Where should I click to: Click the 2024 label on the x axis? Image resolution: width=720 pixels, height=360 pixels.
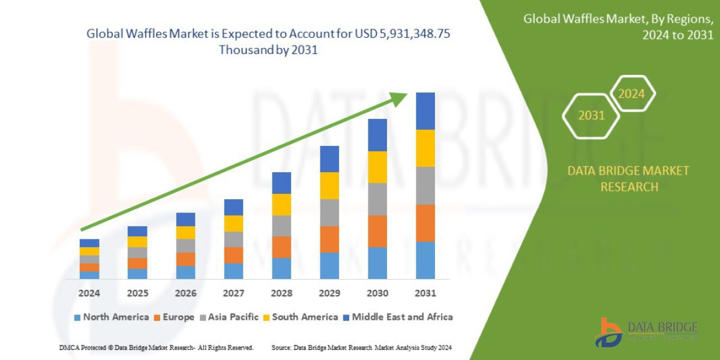[x=89, y=293]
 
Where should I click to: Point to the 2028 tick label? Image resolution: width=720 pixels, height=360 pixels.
[x=281, y=293]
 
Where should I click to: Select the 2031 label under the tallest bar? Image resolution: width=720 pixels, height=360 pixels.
[x=425, y=293]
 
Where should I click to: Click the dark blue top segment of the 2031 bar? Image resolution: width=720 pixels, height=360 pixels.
[x=425, y=111]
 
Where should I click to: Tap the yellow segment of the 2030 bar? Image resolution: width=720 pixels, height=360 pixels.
[x=377, y=167]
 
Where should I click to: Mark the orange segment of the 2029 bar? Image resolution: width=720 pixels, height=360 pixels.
[x=329, y=239]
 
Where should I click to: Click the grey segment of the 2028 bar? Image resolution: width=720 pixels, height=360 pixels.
[x=281, y=226]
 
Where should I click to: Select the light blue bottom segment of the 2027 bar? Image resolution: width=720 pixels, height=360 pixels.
[x=233, y=271]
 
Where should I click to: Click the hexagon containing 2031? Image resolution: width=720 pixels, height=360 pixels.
[x=591, y=115]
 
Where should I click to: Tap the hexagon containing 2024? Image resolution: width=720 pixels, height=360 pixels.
[x=631, y=94]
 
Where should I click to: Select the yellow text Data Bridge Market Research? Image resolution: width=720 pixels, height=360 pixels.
[x=628, y=179]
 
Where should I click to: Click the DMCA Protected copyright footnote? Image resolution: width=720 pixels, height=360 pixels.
[x=156, y=347]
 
